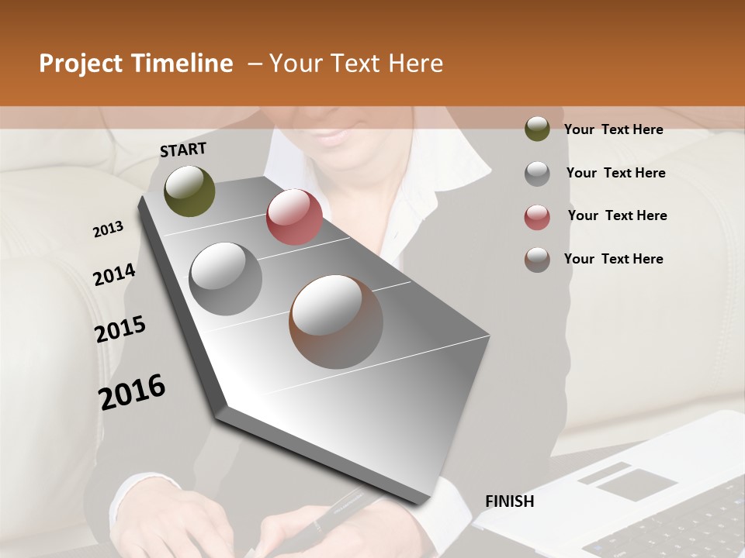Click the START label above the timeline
click(183, 150)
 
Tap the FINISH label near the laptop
click(510, 501)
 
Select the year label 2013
click(109, 229)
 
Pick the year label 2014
click(114, 274)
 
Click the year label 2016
click(132, 392)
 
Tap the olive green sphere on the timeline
click(189, 191)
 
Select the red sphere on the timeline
click(294, 217)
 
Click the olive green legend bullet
click(537, 129)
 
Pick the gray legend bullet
click(537, 173)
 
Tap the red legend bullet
click(537, 217)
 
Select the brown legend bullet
click(537, 260)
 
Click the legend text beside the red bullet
click(618, 215)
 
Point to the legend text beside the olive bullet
click(614, 129)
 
